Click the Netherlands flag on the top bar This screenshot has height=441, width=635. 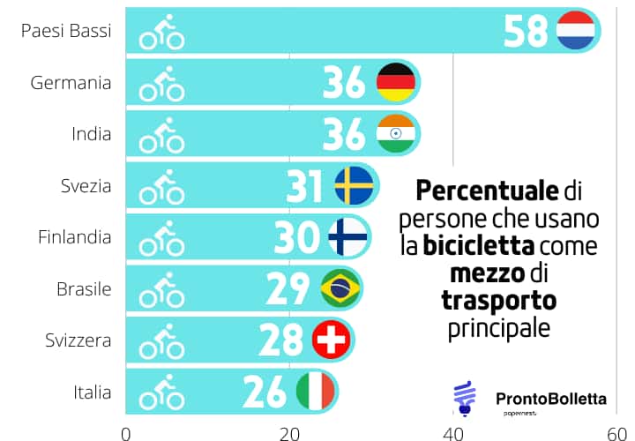578,31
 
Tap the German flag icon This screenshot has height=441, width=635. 396,83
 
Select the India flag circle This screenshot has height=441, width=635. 396,134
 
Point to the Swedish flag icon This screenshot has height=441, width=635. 355,186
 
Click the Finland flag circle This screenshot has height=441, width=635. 348,237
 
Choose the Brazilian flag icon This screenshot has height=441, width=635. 340,288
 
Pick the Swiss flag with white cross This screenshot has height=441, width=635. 332,340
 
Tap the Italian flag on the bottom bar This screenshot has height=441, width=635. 315,391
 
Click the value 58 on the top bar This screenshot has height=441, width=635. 527,31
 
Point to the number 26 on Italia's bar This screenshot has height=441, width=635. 265,391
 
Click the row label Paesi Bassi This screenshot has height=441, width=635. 67,32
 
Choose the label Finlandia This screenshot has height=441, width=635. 74,237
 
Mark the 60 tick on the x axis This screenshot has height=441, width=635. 616,432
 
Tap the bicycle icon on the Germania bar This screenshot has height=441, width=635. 162,85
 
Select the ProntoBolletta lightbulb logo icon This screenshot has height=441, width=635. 463,396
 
